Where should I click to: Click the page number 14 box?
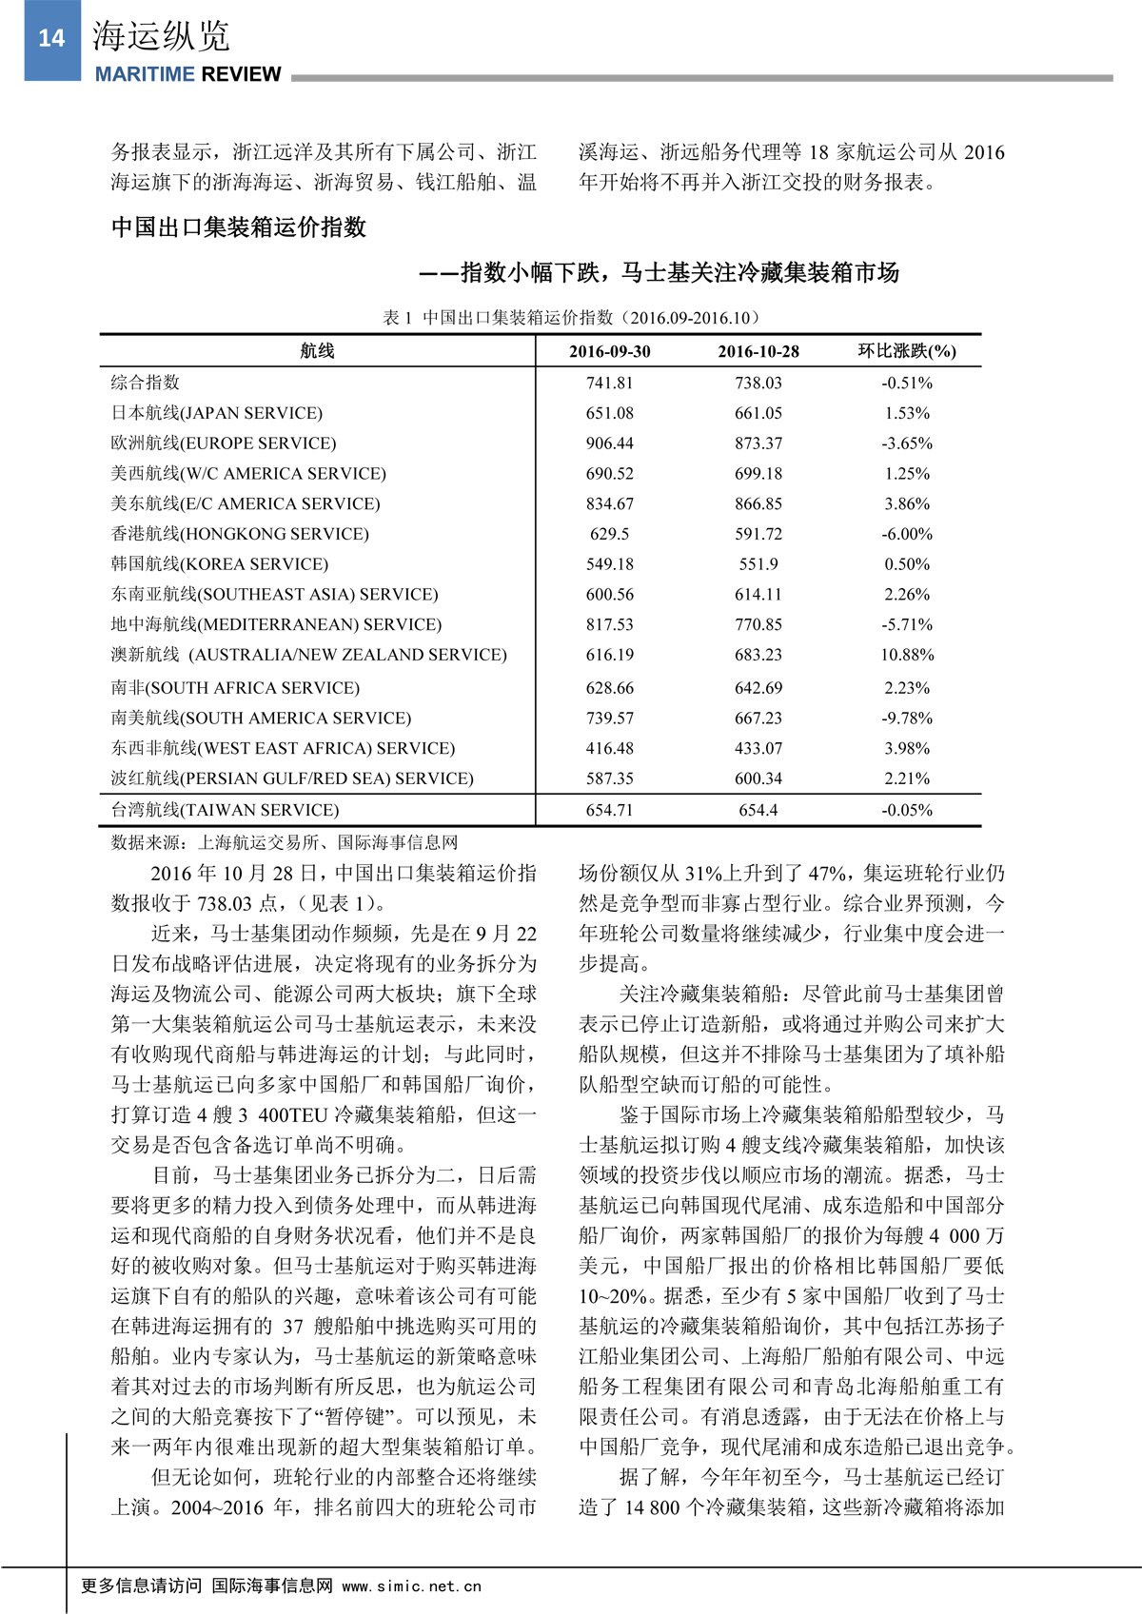coord(51,39)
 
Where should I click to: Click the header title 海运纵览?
coord(161,36)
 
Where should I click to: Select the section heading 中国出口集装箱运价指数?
coord(239,227)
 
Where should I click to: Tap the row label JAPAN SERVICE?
coord(217,413)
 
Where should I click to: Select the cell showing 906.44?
coord(609,443)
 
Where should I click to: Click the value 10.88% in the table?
coord(907,655)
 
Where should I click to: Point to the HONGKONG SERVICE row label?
coord(240,534)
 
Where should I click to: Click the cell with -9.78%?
coord(907,719)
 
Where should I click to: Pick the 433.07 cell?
coord(758,749)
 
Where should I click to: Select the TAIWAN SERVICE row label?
coord(225,811)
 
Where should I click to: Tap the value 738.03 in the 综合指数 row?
coord(758,384)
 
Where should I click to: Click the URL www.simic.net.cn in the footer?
coord(411,1586)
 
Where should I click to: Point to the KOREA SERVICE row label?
coord(220,564)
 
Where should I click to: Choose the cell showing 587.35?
coord(609,778)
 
